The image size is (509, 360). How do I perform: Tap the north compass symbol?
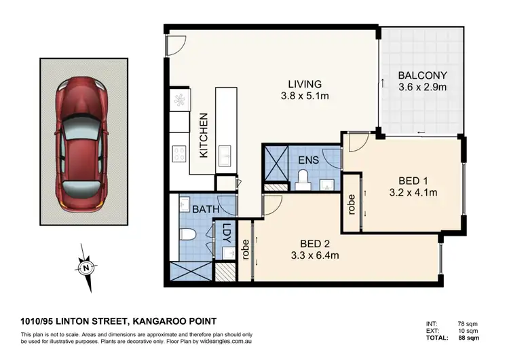86,268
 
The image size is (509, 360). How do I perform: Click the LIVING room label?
305,84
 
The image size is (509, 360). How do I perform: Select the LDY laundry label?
226,234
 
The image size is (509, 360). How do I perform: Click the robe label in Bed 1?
351,204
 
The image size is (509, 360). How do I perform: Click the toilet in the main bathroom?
189,235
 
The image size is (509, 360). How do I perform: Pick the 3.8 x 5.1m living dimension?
305,96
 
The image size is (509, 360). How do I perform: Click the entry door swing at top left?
173,45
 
